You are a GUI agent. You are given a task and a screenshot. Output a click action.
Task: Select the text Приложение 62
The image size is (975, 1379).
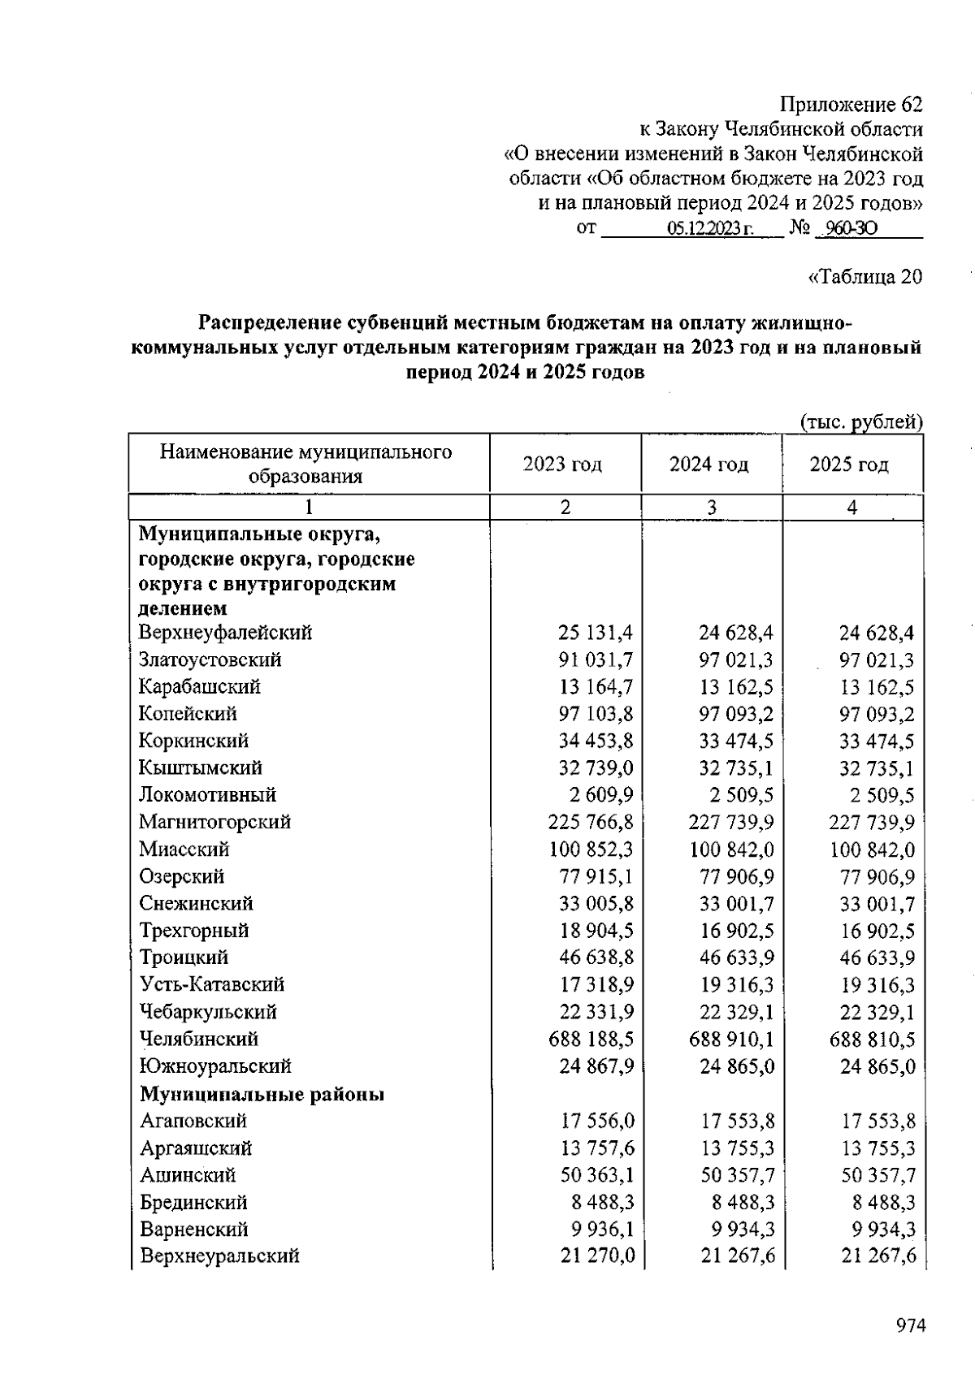pyautogui.click(x=851, y=105)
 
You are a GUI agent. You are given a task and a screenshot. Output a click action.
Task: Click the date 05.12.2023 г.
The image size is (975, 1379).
pyautogui.click(x=710, y=229)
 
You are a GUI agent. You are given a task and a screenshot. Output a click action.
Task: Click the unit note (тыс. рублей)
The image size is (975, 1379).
pyautogui.click(x=861, y=421)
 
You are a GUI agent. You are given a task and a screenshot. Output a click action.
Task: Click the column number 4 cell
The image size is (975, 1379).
pyautogui.click(x=851, y=508)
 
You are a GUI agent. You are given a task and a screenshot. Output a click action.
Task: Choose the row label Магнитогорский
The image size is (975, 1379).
pyautogui.click(x=214, y=822)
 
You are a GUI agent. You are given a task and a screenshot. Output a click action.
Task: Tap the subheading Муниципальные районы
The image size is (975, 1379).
pyautogui.click(x=262, y=1094)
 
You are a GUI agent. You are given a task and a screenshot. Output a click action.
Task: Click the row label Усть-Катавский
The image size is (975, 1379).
pyautogui.click(x=212, y=985)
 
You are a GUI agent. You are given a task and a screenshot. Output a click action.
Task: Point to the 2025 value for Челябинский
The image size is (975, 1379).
pyautogui.click(x=872, y=1039)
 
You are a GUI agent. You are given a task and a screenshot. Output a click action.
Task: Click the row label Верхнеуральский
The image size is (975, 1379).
pyautogui.click(x=219, y=1256)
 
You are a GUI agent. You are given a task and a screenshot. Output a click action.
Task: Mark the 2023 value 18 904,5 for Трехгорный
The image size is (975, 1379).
pyautogui.click(x=596, y=931)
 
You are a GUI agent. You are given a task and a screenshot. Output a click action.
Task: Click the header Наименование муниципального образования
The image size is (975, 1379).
pyautogui.click(x=305, y=464)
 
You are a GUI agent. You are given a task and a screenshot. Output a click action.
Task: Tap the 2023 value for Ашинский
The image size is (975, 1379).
pyautogui.click(x=597, y=1175)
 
